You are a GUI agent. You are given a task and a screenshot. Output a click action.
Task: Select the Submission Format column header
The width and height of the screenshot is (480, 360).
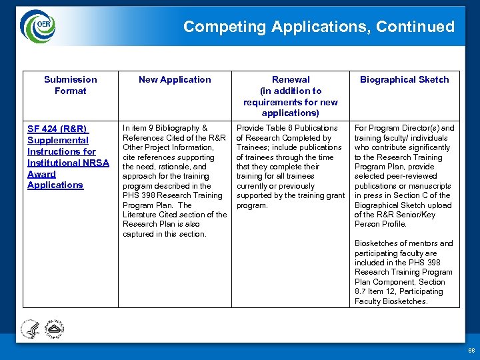point(70,85)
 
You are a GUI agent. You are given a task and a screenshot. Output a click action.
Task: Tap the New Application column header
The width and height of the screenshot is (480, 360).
point(175,79)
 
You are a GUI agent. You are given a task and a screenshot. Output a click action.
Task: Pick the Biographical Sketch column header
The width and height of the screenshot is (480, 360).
point(404,79)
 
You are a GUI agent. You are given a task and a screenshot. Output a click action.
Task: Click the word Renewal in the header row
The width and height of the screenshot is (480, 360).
point(291,79)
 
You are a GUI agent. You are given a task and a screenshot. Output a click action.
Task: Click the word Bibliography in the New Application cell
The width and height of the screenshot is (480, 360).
point(177,128)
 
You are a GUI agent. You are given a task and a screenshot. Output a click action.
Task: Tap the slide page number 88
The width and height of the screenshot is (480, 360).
point(471,350)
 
